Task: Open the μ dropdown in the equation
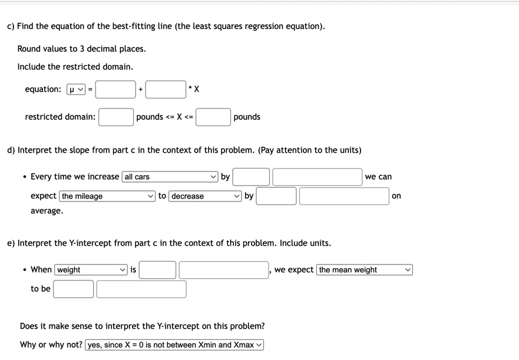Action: pos(76,90)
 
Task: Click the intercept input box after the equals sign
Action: pos(116,90)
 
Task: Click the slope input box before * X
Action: pos(166,90)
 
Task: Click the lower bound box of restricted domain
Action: pos(116,117)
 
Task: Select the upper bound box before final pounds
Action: pos(213,117)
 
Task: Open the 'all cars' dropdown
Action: pos(170,177)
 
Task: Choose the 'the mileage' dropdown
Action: pos(107,196)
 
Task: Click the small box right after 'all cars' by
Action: pos(251,177)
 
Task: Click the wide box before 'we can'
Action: pos(317,177)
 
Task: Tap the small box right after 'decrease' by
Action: pos(276,196)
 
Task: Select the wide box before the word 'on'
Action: pos(344,196)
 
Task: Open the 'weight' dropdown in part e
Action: pos(91,270)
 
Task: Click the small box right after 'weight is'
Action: pos(157,270)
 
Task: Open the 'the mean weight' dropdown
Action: pos(364,270)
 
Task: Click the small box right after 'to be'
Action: pos(73,289)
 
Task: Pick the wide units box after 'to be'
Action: pos(141,289)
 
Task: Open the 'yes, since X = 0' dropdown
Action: pos(174,345)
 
